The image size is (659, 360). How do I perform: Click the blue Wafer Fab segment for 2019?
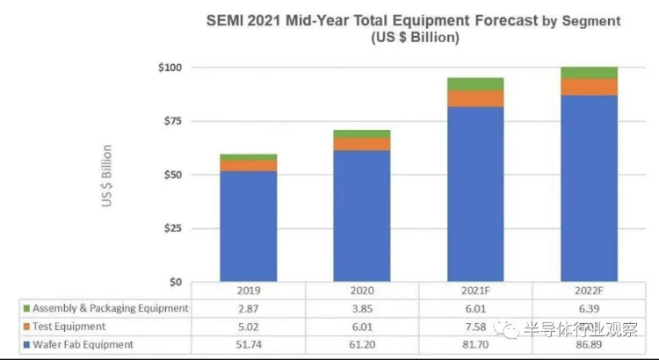coord(249,227)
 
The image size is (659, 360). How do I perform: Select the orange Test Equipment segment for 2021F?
coord(474,98)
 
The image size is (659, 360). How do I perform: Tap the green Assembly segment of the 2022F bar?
coord(589,73)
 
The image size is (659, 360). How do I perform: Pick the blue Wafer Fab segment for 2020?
coord(361,216)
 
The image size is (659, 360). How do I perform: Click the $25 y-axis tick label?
coord(171,228)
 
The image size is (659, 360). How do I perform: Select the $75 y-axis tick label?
coord(171,121)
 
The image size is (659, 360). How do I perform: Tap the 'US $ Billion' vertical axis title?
coord(107,176)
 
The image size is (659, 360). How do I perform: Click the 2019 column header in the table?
coord(249,291)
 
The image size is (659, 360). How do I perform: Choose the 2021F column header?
coord(474,291)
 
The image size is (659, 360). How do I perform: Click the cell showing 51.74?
coord(249,344)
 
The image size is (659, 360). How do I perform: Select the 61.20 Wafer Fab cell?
coord(361,344)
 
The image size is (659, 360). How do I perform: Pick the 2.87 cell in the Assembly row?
coord(249,308)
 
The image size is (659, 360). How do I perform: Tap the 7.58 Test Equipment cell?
coord(474,327)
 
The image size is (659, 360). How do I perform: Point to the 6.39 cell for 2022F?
coord(588,308)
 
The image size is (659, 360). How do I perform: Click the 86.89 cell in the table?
coord(588,344)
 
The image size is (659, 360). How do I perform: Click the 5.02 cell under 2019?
coord(249,327)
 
